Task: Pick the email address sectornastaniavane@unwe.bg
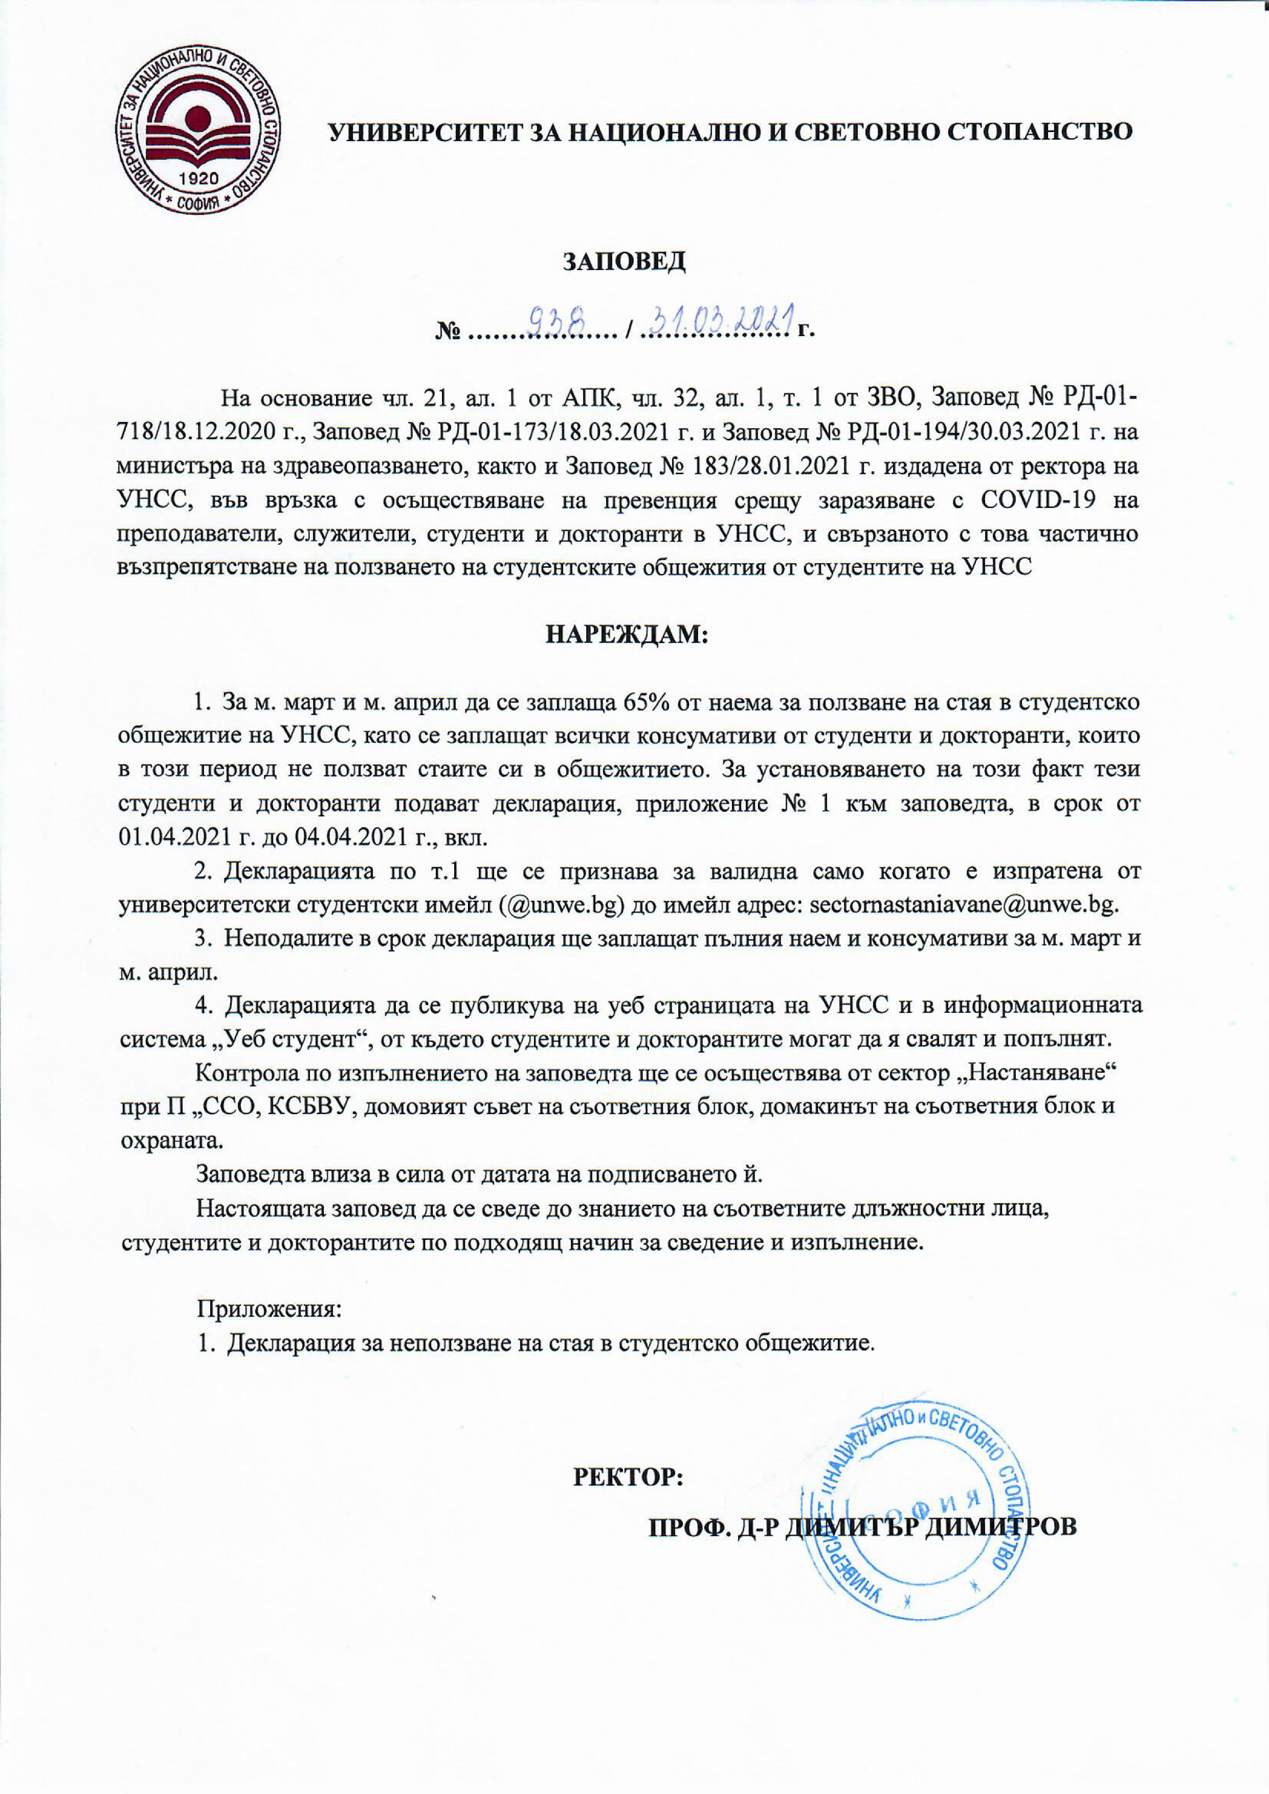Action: [x=964, y=905]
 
